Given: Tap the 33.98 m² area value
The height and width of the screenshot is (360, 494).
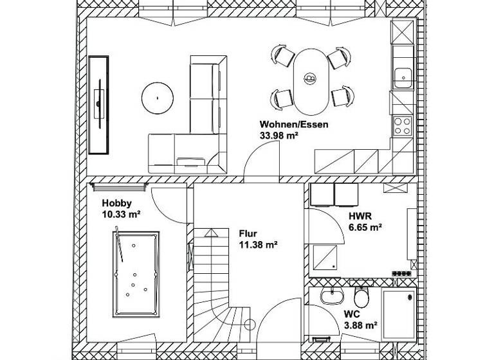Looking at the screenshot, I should pos(279,136).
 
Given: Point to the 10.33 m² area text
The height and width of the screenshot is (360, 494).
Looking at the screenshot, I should pos(121,215).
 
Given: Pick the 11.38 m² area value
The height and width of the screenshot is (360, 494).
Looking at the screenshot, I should pos(257,244).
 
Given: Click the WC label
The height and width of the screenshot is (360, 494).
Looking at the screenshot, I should pos(351,314).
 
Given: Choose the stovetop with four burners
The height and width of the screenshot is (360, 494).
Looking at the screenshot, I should pos(403,123).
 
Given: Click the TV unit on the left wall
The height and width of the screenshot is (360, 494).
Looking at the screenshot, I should pos(99,105).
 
